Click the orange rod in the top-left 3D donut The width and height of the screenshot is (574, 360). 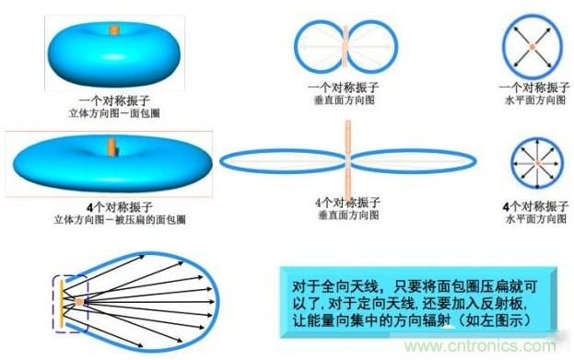(114, 29)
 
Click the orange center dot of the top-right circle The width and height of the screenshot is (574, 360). (533, 44)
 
